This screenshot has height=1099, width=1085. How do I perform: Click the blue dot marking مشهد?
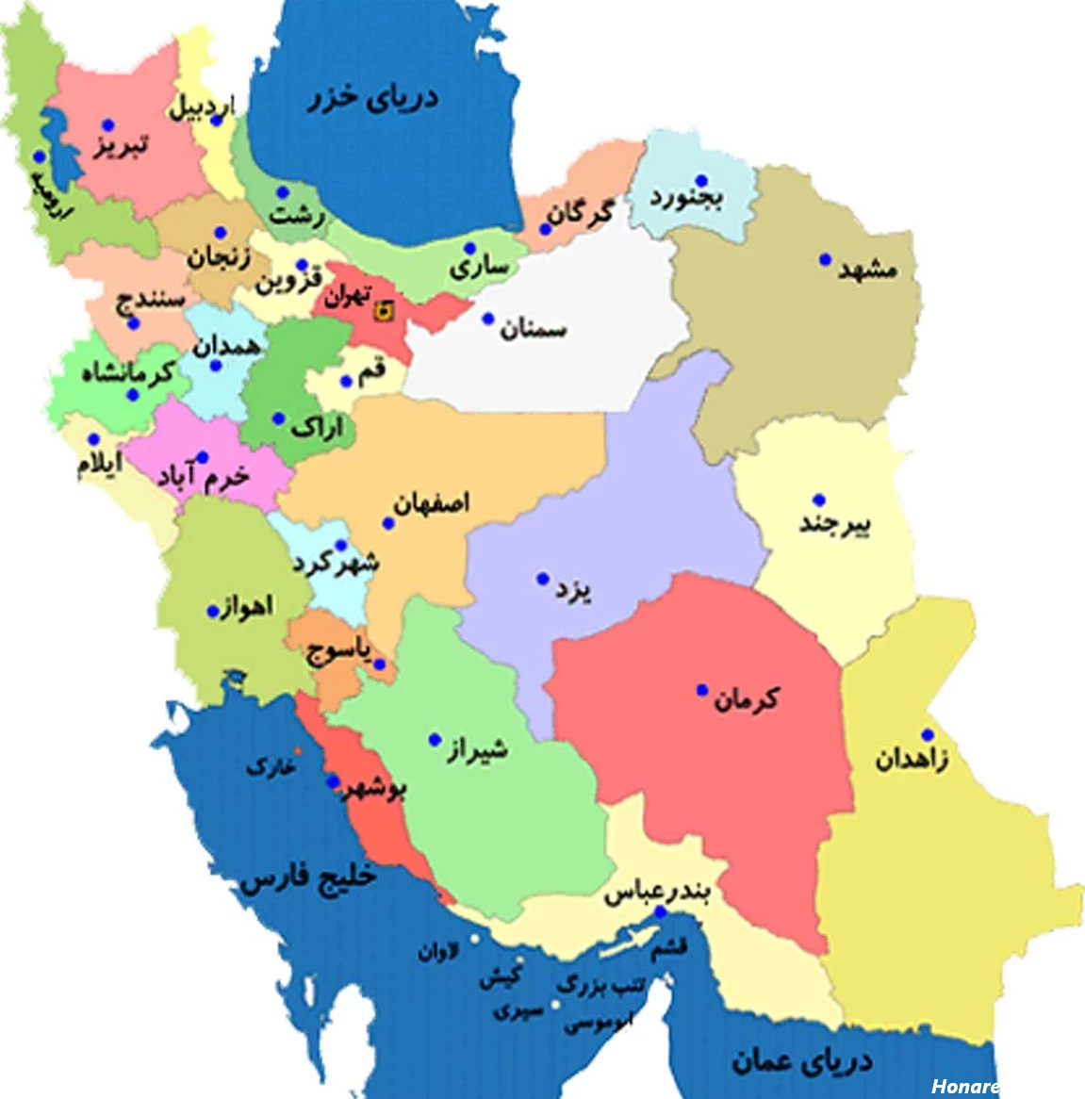tap(825, 259)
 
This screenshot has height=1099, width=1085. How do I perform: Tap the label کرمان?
tap(747, 699)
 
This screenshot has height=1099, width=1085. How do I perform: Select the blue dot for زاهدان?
tap(928, 735)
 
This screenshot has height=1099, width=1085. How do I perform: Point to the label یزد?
tap(573, 591)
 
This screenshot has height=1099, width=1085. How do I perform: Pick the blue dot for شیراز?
tap(435, 740)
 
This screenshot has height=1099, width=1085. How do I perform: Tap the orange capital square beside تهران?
tap(383, 311)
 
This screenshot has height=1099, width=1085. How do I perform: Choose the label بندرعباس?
tap(657, 892)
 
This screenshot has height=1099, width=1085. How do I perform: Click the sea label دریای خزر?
tap(373, 98)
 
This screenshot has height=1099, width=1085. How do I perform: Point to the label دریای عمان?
tap(801, 1061)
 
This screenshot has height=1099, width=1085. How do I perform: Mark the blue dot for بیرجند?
tap(818, 500)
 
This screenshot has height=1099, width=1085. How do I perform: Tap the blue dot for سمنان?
tap(487, 319)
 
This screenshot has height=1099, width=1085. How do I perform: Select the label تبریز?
tap(120, 146)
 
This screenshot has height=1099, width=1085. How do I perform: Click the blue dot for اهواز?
tap(213, 612)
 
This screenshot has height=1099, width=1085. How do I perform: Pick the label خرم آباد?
tap(204, 477)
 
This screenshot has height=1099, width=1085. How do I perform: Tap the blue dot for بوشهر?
tap(332, 781)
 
